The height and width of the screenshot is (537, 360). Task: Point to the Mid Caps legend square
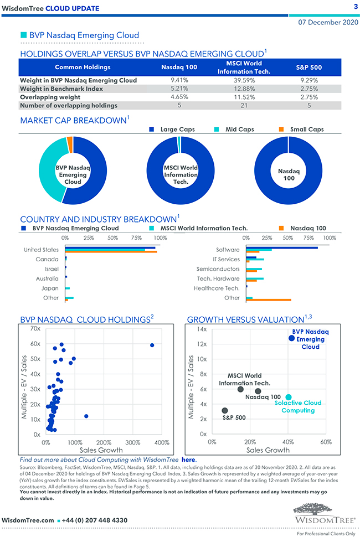(x=217, y=130)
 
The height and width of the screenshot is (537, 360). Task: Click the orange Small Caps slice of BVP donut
(x=70, y=144)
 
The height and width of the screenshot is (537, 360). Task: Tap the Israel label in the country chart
(x=52, y=268)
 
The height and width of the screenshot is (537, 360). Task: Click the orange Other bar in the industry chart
(x=269, y=300)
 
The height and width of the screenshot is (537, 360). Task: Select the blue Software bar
(x=282, y=247)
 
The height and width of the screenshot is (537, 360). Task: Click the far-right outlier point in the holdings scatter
(x=152, y=345)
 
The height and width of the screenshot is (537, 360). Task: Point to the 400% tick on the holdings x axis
(x=161, y=443)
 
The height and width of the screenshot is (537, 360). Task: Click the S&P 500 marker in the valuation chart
(x=224, y=411)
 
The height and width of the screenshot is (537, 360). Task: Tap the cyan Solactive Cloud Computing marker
(x=288, y=397)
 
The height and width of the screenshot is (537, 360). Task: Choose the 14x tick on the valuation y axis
(x=203, y=329)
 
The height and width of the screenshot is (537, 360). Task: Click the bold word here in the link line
(x=188, y=459)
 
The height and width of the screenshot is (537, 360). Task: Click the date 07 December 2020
(x=328, y=23)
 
